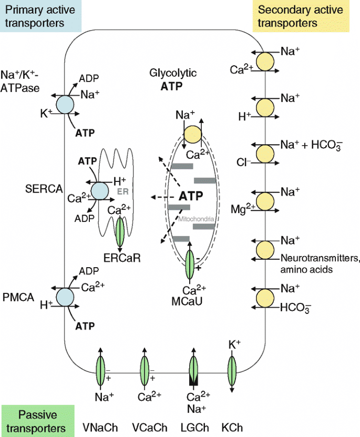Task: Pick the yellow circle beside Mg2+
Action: coord(264,200)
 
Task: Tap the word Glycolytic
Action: coord(172,74)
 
